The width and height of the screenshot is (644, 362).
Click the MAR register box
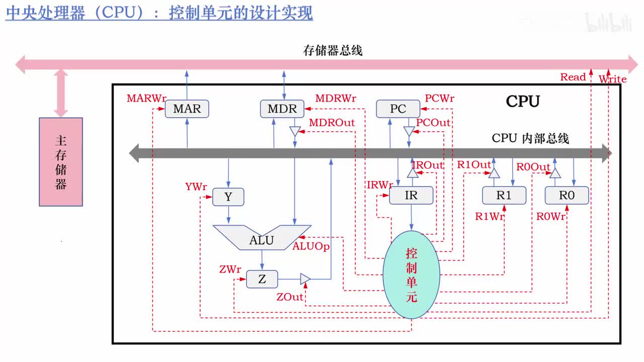(187, 109)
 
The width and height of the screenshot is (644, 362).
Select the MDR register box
(282, 109)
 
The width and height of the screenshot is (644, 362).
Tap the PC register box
(398, 109)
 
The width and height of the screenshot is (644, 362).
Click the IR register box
(411, 195)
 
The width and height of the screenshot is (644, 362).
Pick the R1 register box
(504, 195)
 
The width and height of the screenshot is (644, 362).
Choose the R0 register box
(567, 195)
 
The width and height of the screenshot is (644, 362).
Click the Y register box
(228, 197)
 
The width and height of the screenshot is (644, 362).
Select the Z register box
(262, 279)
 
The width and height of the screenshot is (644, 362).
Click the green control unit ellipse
(411, 275)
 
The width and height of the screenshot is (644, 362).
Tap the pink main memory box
(61, 162)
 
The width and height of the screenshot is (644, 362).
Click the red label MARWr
(146, 98)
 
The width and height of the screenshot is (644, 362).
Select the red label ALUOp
(311, 246)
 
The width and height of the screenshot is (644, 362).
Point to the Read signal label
(573, 77)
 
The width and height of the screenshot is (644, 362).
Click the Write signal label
(612, 79)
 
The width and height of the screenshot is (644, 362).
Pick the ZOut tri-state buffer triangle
(305, 279)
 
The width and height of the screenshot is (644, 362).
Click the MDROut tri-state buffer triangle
(294, 131)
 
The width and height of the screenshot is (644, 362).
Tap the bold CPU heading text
(523, 102)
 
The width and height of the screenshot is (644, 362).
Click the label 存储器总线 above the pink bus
(333, 50)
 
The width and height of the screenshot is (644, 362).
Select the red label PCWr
(439, 98)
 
